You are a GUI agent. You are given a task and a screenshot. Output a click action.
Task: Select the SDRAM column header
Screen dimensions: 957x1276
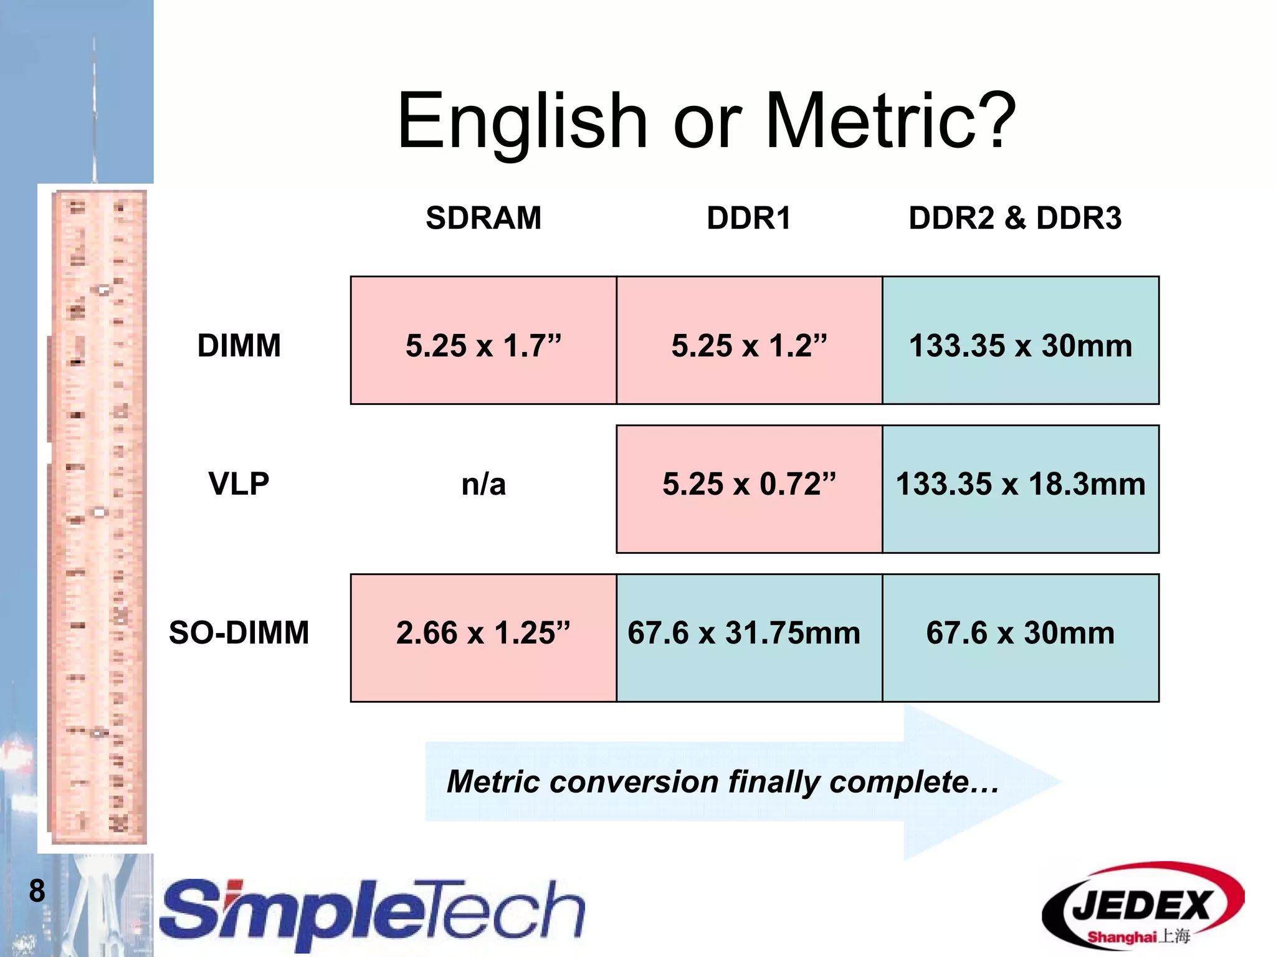click(483, 218)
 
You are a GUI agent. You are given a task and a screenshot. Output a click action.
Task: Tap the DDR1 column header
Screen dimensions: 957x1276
click(748, 218)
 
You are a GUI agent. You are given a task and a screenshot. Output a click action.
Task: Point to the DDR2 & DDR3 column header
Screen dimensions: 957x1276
click(1015, 218)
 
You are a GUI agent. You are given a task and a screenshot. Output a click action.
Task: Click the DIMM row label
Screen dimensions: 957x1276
click(239, 345)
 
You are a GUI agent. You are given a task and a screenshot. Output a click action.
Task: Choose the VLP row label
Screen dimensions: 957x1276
click(239, 483)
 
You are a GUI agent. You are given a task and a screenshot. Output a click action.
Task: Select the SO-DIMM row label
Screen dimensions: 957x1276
click(239, 632)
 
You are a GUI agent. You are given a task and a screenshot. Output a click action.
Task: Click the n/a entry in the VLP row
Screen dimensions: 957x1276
click(483, 484)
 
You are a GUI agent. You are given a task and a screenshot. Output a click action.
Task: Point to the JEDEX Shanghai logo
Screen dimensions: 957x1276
click(1143, 907)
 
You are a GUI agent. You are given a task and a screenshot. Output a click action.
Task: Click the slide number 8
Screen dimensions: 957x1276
click(37, 890)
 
